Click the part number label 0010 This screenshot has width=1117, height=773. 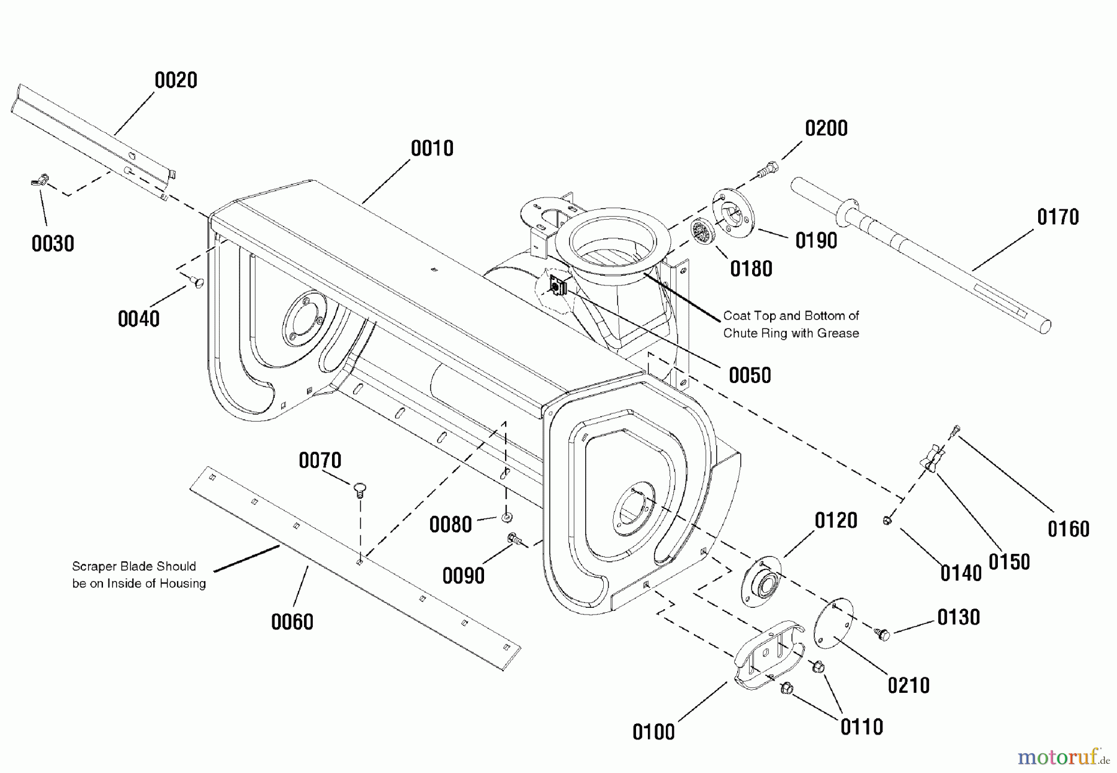(x=432, y=148)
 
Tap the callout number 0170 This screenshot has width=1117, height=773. (x=1058, y=217)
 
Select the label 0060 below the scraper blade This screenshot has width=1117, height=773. (x=292, y=622)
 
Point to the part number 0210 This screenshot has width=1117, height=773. (x=908, y=685)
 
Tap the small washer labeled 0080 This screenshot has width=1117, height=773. (x=507, y=517)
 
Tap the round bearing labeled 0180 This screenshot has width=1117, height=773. (x=702, y=235)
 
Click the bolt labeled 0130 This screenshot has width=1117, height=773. (x=882, y=634)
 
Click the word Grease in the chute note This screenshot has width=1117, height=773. (x=838, y=333)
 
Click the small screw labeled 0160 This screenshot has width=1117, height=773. (x=955, y=429)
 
